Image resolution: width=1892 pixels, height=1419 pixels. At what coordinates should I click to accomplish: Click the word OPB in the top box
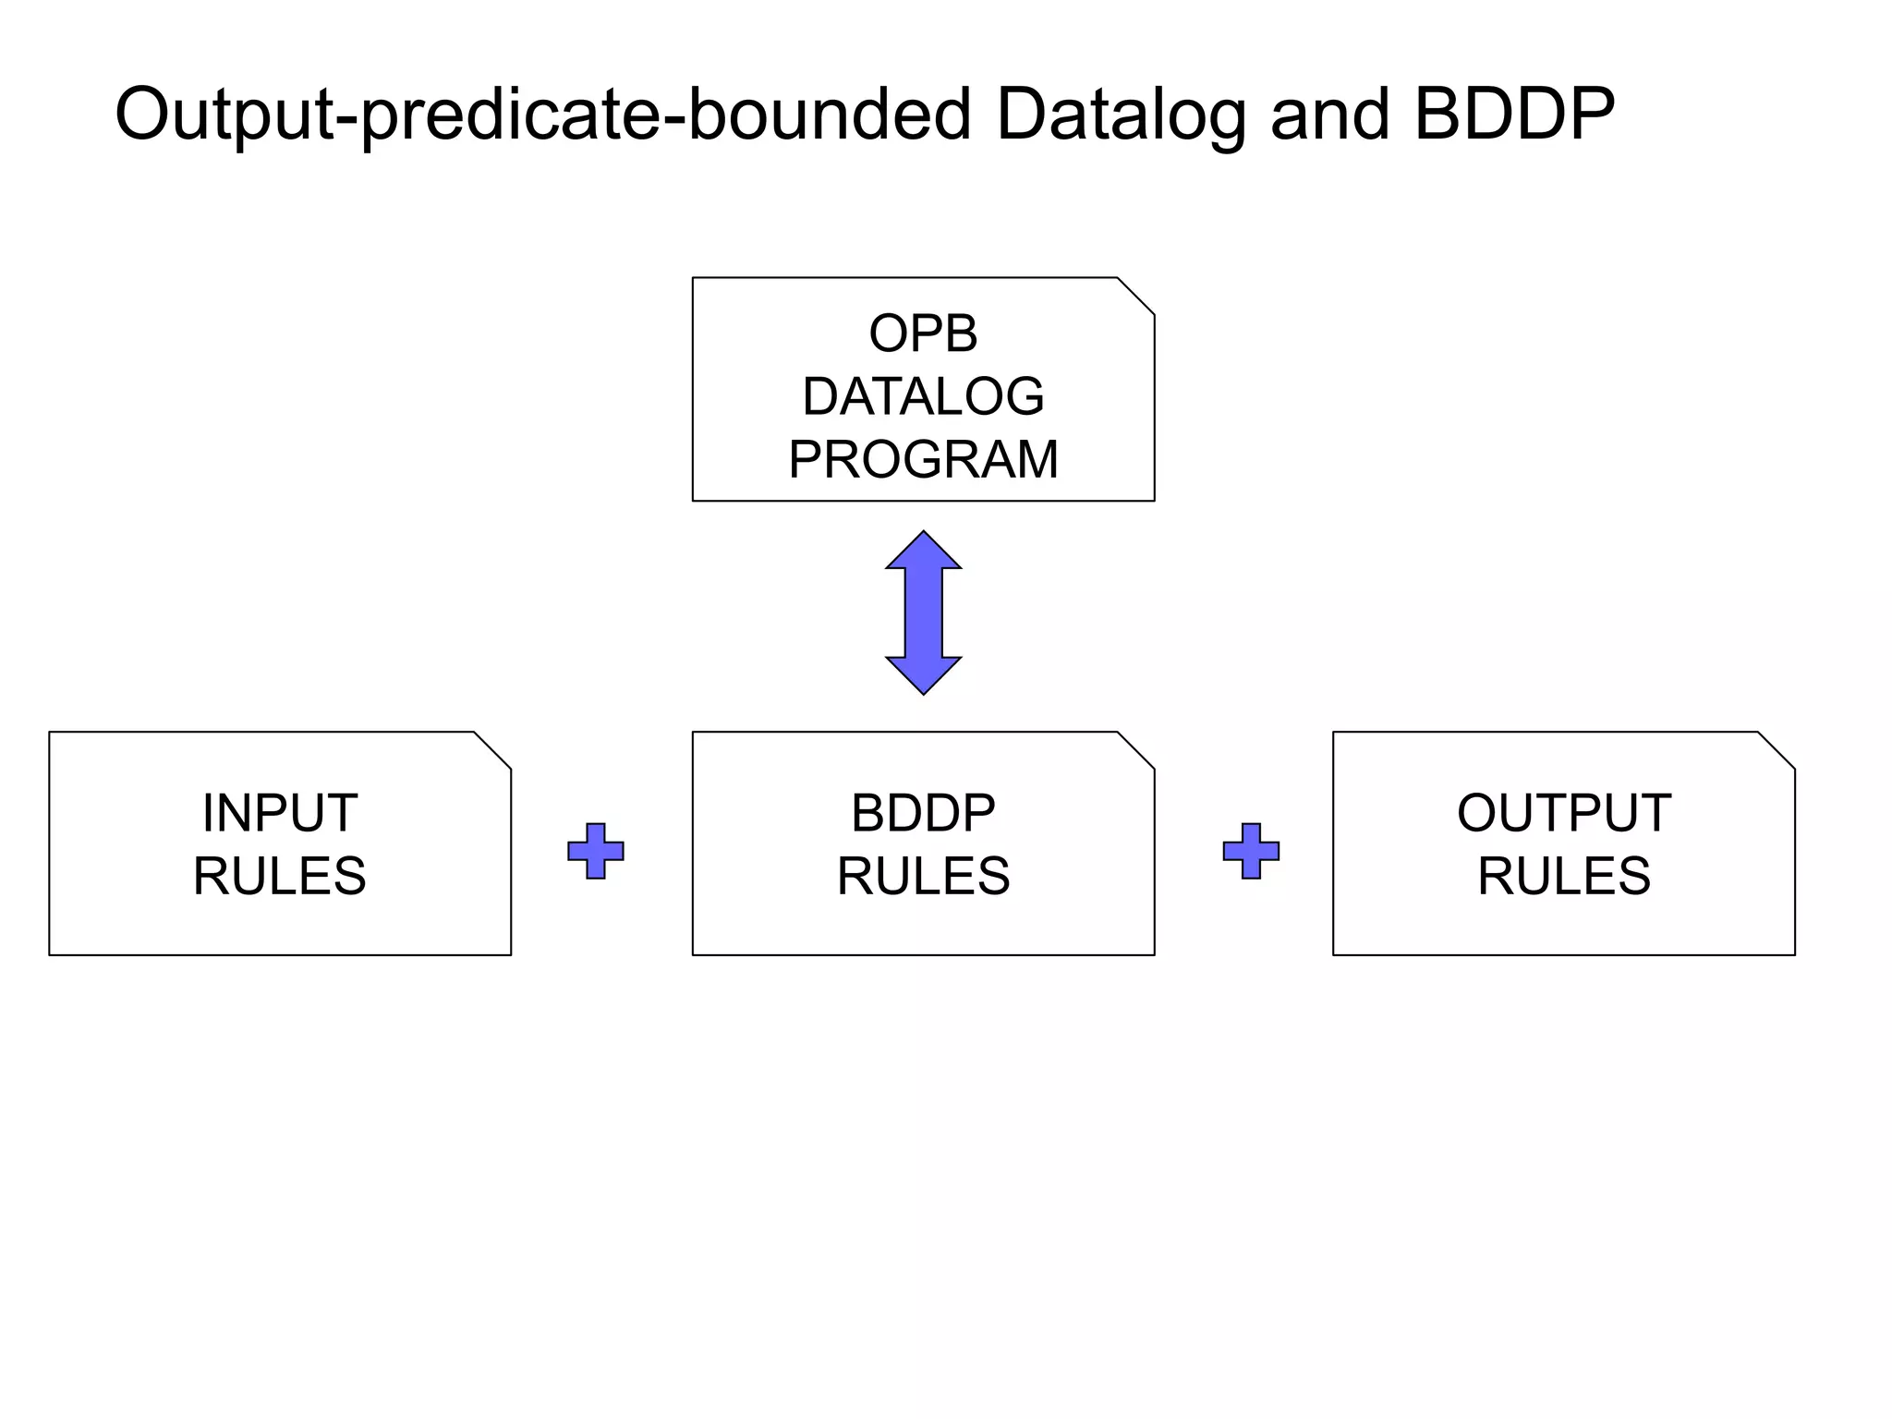(923, 334)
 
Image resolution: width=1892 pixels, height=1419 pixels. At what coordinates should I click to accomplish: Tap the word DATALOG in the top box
(923, 396)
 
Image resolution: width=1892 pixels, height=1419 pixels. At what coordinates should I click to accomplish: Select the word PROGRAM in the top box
(923, 459)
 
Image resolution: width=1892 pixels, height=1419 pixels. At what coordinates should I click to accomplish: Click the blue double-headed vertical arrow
(923, 612)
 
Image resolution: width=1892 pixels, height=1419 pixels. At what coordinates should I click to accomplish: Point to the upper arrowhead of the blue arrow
(923, 552)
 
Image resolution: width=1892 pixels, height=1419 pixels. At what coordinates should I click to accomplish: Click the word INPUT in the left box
(280, 813)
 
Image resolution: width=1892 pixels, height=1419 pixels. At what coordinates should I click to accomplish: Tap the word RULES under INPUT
(280, 876)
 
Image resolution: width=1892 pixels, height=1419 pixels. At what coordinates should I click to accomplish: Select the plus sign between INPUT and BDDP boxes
(596, 851)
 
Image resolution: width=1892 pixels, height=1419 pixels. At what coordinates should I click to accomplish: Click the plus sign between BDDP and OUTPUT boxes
(1251, 851)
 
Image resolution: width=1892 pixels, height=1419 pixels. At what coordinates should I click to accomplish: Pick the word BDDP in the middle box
(923, 813)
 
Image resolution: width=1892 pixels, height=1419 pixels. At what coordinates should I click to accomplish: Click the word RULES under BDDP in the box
(923, 876)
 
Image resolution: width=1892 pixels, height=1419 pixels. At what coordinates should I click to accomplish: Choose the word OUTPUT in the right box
(1564, 813)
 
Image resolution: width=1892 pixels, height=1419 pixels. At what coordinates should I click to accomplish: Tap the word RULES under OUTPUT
(1564, 876)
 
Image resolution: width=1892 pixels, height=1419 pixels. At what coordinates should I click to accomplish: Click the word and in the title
(1330, 115)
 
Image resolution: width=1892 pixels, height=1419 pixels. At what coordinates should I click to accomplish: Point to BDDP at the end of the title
(1514, 114)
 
